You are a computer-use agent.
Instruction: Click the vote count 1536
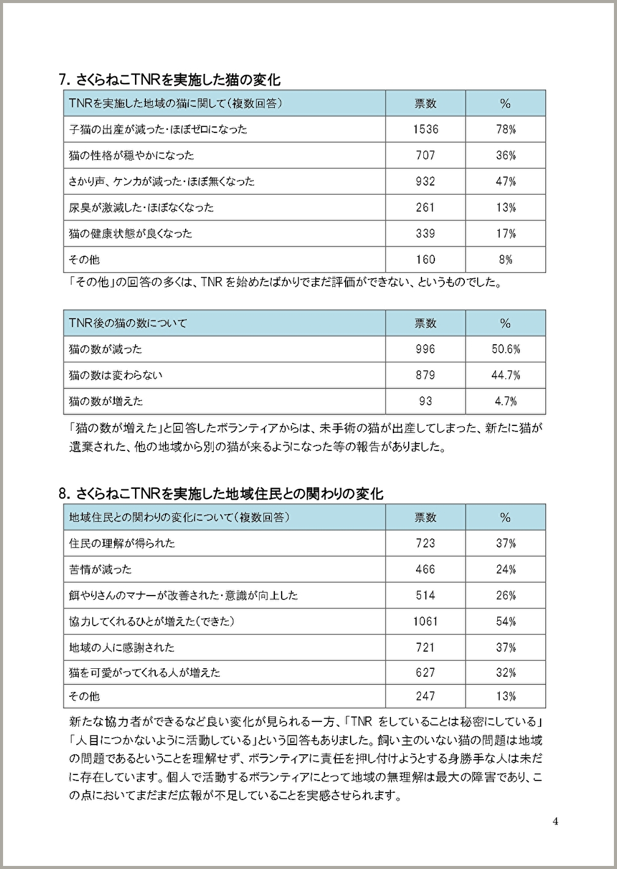[x=425, y=129]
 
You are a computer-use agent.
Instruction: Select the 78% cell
[x=505, y=129]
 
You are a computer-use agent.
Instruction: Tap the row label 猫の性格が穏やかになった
[x=131, y=156]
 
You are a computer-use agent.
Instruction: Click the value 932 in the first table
[x=425, y=181]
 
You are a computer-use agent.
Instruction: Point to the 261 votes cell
[x=425, y=207]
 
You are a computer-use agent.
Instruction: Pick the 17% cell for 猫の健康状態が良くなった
[x=505, y=234]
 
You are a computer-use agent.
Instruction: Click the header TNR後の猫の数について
[x=128, y=323]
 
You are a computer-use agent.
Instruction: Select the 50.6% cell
[x=505, y=349]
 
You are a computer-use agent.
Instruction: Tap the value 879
[x=425, y=375]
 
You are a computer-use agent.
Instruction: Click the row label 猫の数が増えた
[x=106, y=401]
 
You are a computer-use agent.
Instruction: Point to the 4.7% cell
[x=505, y=401]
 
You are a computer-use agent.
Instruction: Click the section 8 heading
[x=221, y=493]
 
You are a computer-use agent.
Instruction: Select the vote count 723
[x=425, y=543]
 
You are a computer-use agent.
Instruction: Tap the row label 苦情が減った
[x=100, y=569]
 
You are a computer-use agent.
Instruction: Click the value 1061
[x=425, y=621]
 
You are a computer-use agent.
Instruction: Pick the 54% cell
[x=505, y=621]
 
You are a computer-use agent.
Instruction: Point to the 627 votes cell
[x=425, y=672]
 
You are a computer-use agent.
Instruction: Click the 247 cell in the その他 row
[x=425, y=696]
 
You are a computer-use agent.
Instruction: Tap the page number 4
[x=555, y=821]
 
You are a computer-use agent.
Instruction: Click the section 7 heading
[x=169, y=79]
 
